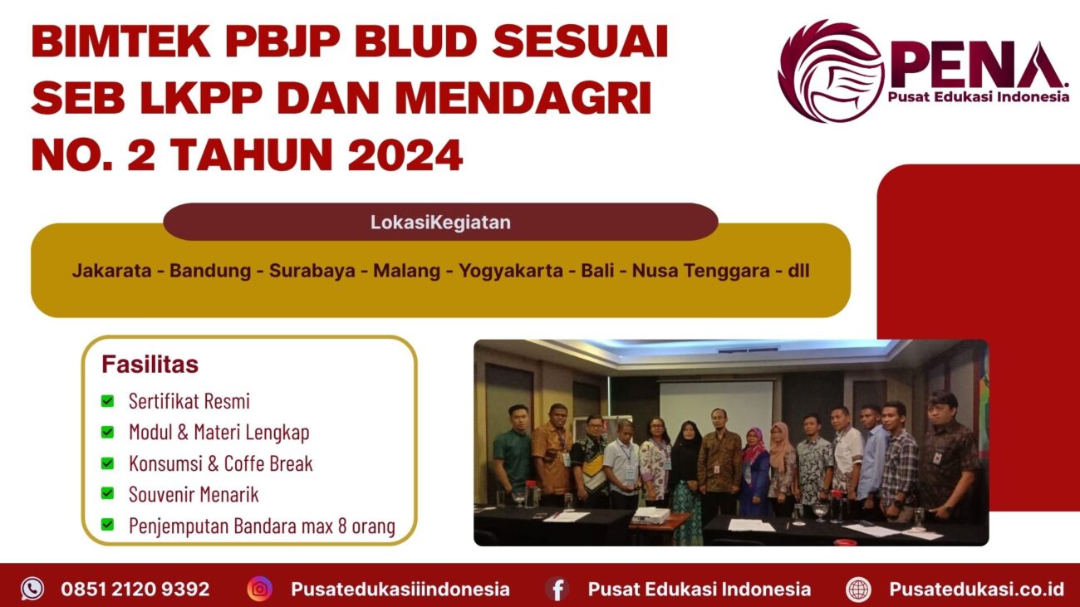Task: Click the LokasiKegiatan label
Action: click(440, 223)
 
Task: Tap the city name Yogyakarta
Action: click(511, 271)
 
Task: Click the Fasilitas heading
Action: click(150, 365)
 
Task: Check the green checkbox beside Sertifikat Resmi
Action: click(107, 401)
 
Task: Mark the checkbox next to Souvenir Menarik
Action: click(107, 494)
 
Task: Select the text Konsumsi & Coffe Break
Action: click(220, 463)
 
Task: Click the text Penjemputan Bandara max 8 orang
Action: click(261, 526)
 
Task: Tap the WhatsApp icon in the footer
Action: click(32, 589)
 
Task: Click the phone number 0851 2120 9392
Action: click(135, 589)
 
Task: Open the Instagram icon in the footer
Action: click(259, 589)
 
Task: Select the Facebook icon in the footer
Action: click(557, 589)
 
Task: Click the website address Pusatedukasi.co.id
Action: click(976, 589)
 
